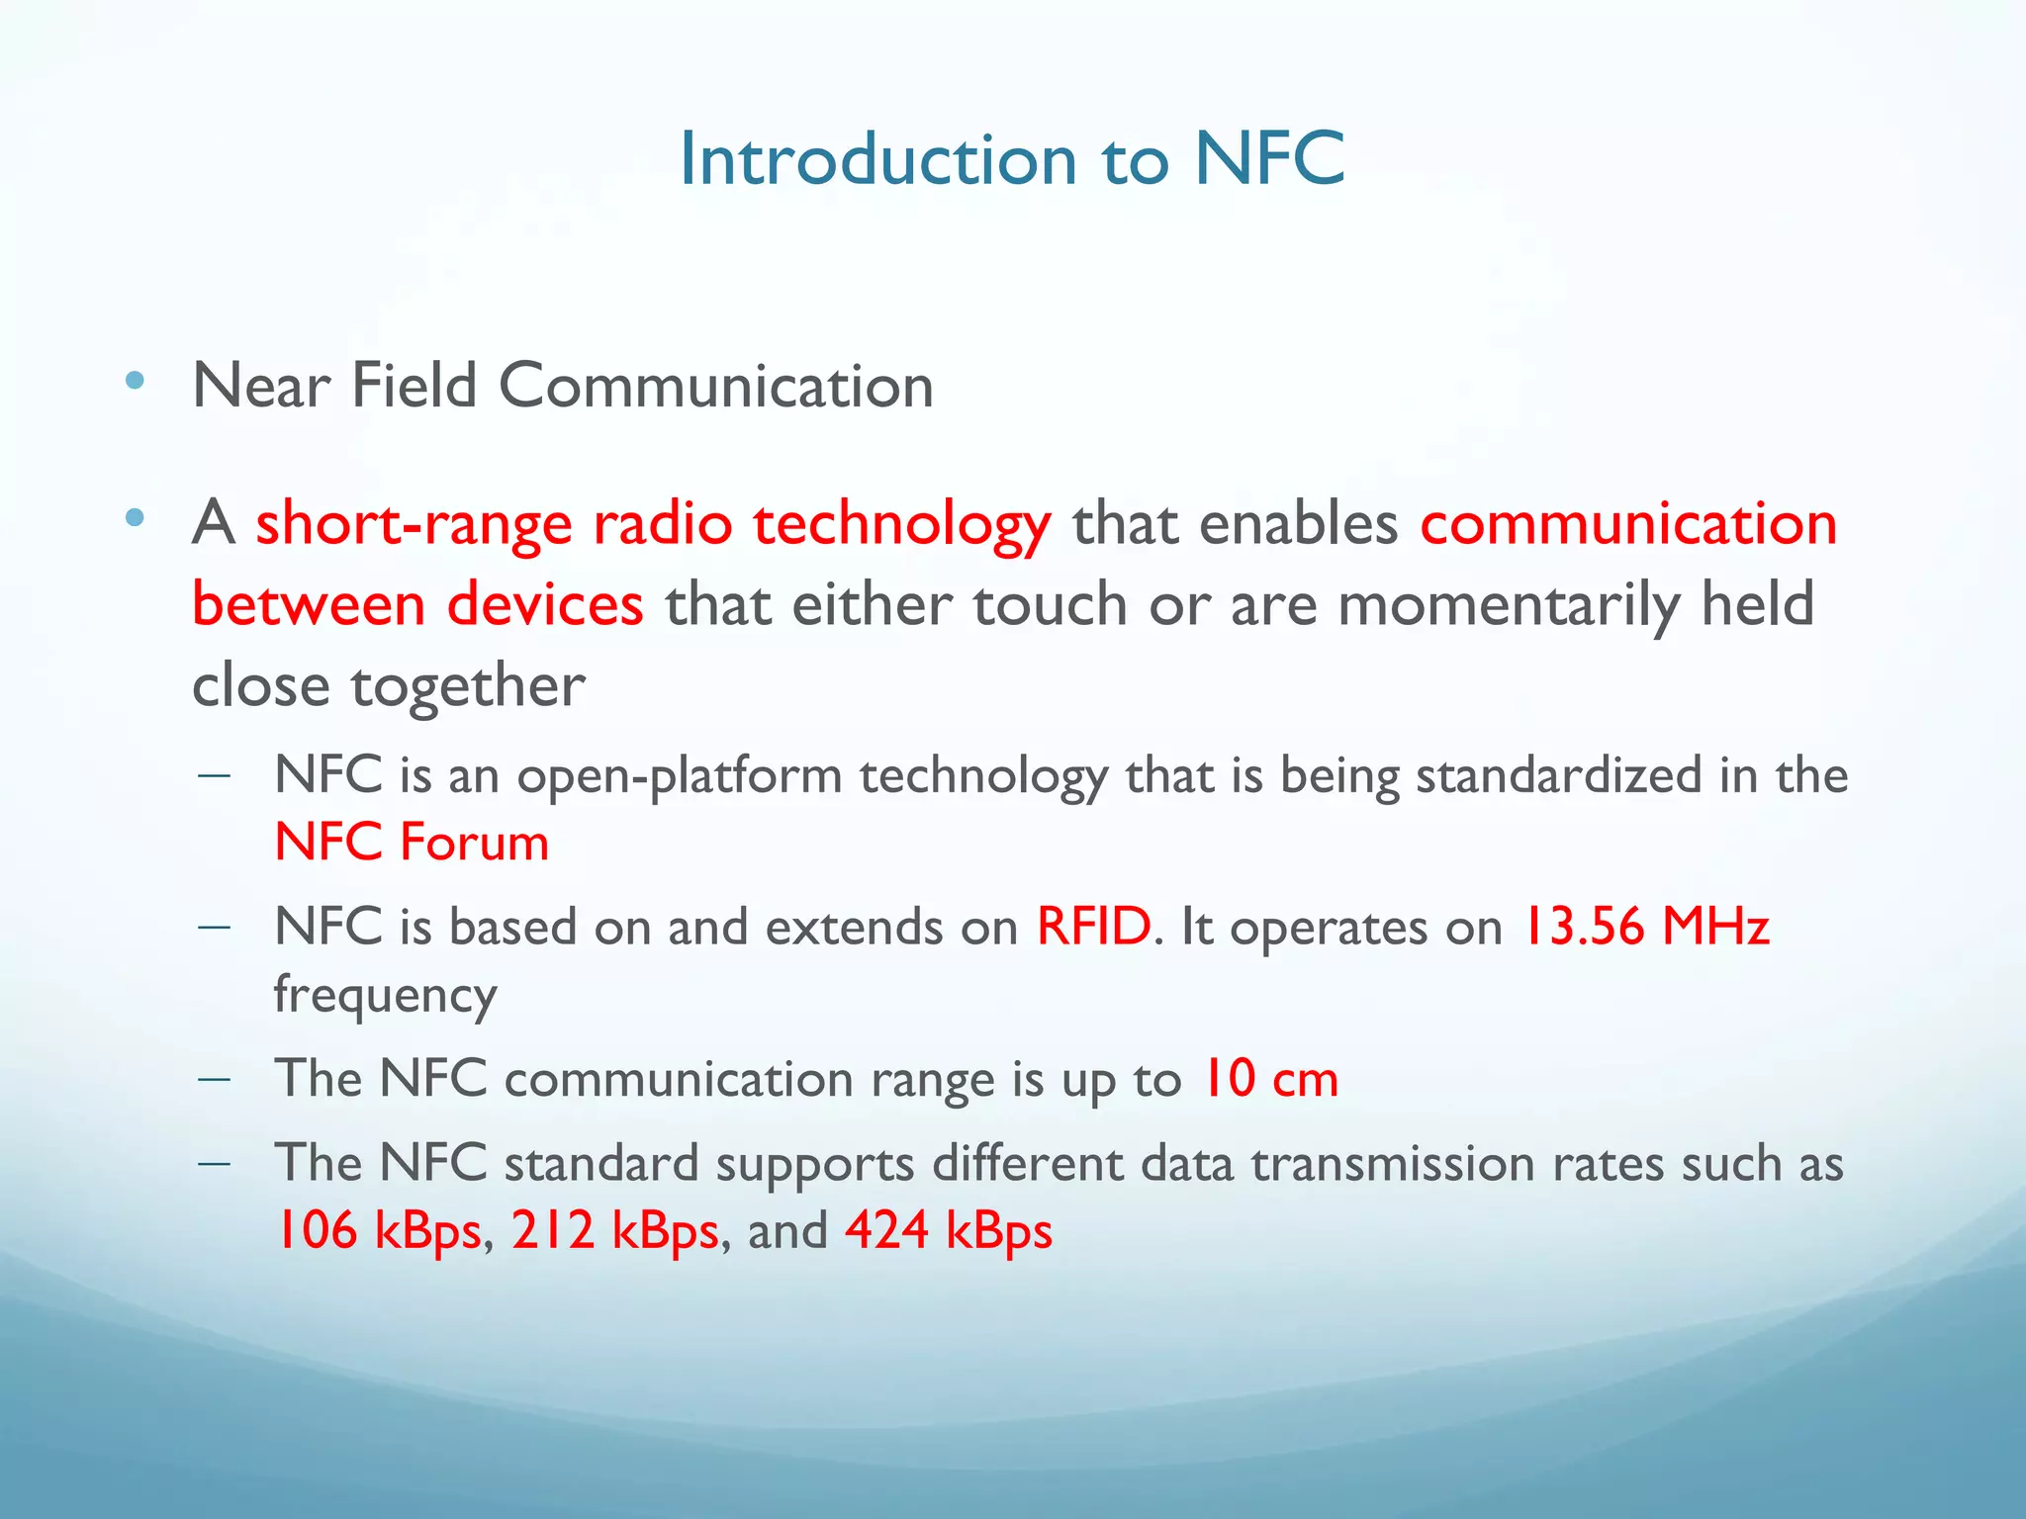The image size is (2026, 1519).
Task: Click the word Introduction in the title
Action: point(877,159)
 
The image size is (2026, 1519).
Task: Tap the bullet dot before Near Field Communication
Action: point(136,381)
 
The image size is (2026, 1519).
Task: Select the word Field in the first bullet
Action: point(414,385)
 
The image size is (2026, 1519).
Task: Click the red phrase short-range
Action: point(414,524)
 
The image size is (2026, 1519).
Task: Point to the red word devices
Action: point(545,604)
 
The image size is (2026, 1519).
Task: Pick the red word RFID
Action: point(1093,928)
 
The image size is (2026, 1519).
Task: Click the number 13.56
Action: point(1581,928)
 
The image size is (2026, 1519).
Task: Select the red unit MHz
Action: point(1715,928)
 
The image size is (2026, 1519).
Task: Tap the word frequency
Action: point(385,995)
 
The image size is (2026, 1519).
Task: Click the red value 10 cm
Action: point(1269,1079)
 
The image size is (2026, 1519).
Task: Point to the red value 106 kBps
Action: point(377,1232)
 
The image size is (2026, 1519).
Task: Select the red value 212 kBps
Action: point(614,1232)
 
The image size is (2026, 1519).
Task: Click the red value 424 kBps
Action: point(949,1232)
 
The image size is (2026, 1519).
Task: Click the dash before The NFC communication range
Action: point(214,1079)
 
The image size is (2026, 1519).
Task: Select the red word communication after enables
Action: point(1628,524)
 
